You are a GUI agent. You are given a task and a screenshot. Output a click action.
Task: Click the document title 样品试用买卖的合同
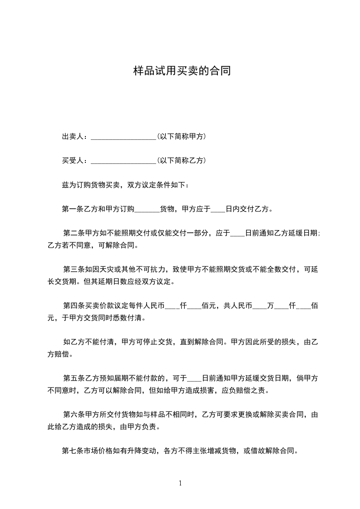[180, 71]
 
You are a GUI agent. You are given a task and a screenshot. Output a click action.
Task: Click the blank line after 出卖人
[123, 137]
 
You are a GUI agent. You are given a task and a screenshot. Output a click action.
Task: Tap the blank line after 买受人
[123, 161]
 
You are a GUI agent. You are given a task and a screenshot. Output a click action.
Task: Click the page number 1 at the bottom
[180, 483]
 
